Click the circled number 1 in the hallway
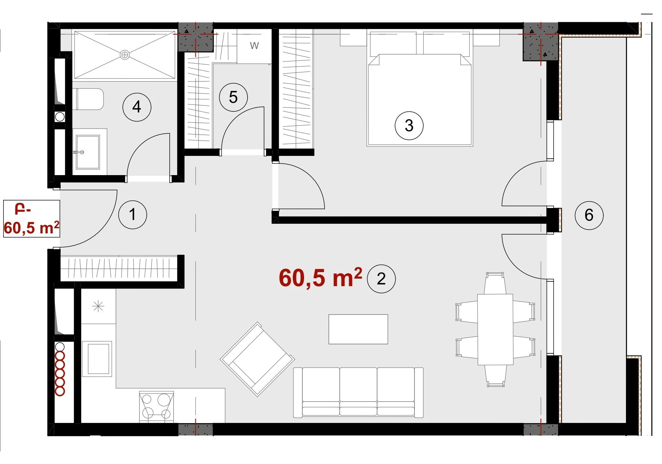pos(133,215)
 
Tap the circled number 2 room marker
pos(381,279)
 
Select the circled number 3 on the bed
pos(409,125)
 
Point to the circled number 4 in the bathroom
pos(137,107)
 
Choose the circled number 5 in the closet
pos(233,97)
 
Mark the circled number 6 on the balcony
pos(589,215)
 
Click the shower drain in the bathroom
pos(125,55)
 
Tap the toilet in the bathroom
pos(88,99)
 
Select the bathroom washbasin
pos(88,152)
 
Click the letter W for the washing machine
pos(254,46)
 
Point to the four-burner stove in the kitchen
pos(157,407)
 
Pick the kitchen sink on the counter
pos(97,359)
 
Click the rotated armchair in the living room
pos(257,359)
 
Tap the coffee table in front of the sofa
pos(358,329)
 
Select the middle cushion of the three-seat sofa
pos(358,392)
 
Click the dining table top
pos(495,329)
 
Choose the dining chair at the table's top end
pos(495,283)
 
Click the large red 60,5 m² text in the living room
pos(320,278)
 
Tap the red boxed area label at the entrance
pos(32,219)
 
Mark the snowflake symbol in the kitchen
pos(98,306)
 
